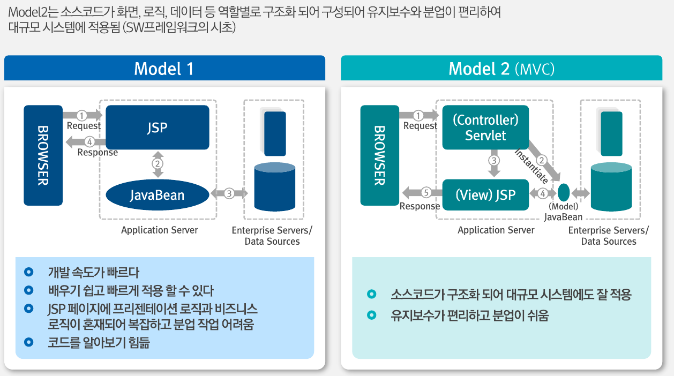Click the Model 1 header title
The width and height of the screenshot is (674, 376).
click(x=163, y=69)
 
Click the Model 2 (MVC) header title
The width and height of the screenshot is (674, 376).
click(x=501, y=69)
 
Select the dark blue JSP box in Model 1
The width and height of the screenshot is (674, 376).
click(x=157, y=127)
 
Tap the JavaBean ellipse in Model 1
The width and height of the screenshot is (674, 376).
click(x=157, y=195)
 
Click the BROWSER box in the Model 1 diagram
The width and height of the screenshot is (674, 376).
click(x=43, y=155)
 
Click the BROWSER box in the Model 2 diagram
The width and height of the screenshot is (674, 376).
click(x=379, y=155)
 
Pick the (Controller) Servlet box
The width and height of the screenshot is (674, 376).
click(x=485, y=127)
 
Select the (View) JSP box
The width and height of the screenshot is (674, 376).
click(x=485, y=195)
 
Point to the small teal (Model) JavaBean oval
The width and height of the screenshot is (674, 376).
click(x=563, y=192)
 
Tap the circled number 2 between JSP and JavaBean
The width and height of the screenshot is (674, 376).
click(x=158, y=163)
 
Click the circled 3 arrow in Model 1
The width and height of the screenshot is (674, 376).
click(x=229, y=193)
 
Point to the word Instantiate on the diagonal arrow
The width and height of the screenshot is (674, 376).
click(x=531, y=166)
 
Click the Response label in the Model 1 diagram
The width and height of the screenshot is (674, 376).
click(x=98, y=153)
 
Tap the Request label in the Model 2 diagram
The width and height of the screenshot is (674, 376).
click(x=420, y=126)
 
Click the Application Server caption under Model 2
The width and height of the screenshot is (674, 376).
click(x=496, y=230)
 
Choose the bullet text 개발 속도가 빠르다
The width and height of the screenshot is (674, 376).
click(x=93, y=272)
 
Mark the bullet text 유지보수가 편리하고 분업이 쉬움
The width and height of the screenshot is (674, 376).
click(x=470, y=315)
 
